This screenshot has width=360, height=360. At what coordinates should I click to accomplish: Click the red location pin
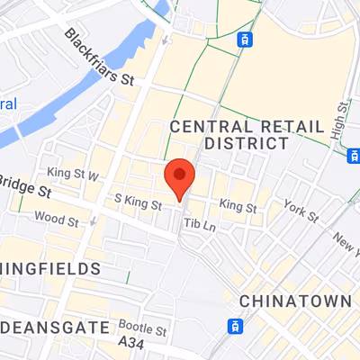pyautogui.click(x=180, y=175)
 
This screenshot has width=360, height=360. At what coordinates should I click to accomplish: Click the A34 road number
pyautogui.click(x=132, y=345)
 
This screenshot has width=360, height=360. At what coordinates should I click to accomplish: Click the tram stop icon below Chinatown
pyautogui.click(x=236, y=325)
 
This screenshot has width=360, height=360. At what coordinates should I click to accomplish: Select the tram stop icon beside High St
pyautogui.click(x=353, y=155)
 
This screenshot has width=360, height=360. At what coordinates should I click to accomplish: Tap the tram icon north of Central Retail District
pyautogui.click(x=243, y=39)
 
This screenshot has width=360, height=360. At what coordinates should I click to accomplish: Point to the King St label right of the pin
pyautogui.click(x=238, y=208)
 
